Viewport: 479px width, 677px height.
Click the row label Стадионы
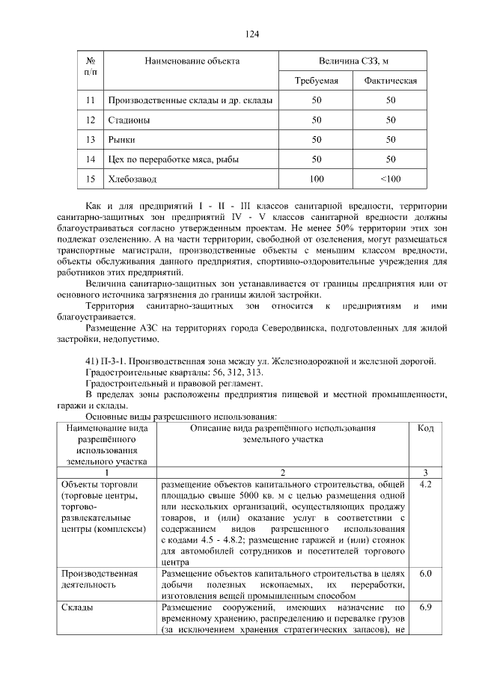point(129,120)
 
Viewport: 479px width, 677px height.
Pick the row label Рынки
point(123,139)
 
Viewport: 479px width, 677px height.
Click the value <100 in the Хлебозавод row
point(390,179)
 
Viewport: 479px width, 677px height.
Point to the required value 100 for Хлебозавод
point(317,179)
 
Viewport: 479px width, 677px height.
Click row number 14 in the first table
point(91,159)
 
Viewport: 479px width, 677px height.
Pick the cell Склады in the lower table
point(76,607)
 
